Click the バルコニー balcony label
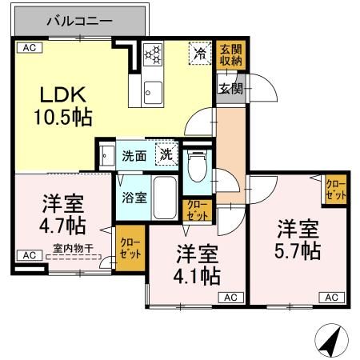[x=78, y=19]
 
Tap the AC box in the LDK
[x=28, y=47]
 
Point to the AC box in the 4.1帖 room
[x=229, y=297]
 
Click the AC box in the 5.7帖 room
[x=330, y=297]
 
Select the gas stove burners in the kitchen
[x=153, y=54]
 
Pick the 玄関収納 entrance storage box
[x=230, y=54]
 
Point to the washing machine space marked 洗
[x=166, y=153]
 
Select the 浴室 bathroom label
[x=134, y=197]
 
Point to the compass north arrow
[x=329, y=342]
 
